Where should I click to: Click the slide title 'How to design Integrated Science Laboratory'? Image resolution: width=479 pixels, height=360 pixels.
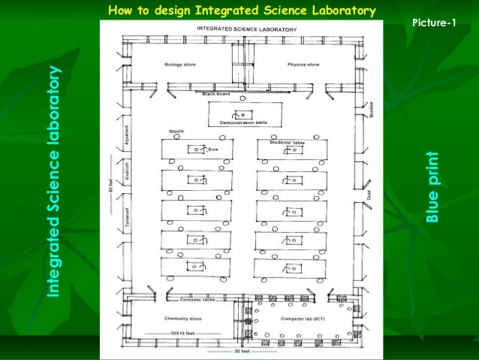(x=241, y=11)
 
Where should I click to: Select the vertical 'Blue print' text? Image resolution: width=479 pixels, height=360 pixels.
(x=432, y=187)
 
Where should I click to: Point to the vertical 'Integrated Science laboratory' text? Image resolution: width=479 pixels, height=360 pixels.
(x=53, y=180)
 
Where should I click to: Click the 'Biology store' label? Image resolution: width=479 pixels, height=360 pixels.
(x=180, y=65)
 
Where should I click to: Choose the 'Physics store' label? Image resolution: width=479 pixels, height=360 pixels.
(x=303, y=65)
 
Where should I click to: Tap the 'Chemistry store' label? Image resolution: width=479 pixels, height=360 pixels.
(x=180, y=318)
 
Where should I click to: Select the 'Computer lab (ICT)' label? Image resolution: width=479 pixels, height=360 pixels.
(x=302, y=318)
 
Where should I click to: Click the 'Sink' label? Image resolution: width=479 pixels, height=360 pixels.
(x=212, y=150)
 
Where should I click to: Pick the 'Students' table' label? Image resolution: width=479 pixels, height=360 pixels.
(x=287, y=141)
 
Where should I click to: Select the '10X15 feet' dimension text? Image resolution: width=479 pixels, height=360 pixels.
(x=182, y=332)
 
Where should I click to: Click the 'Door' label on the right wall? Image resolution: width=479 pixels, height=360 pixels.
(x=369, y=195)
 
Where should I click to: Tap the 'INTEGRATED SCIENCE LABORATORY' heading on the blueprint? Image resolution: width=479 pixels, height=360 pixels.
(x=242, y=29)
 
